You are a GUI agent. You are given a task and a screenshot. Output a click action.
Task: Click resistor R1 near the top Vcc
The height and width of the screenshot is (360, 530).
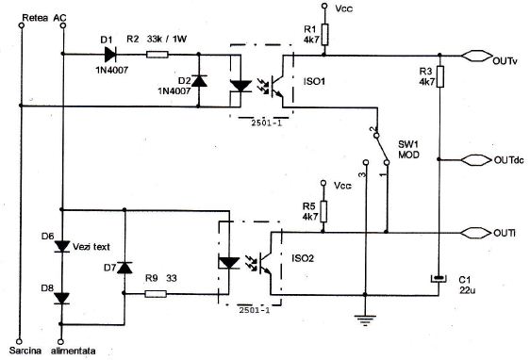point(325,34)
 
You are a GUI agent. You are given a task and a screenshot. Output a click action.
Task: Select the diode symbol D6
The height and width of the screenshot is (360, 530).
point(61,247)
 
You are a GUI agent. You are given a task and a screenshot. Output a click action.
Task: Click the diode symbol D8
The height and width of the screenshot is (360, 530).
point(61,298)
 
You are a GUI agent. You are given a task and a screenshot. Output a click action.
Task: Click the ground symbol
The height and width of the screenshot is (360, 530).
point(361,320)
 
